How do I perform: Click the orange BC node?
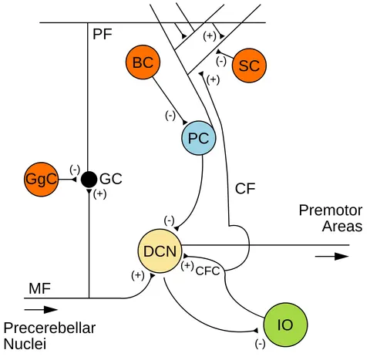coord(143,62)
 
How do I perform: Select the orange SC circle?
coord(249,66)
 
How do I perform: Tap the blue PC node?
coord(199,138)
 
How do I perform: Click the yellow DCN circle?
coord(160,251)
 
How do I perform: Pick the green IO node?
coord(285,325)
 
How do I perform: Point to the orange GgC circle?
coord(42,180)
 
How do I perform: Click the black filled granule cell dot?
coord(89,180)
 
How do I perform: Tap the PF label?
coord(103,34)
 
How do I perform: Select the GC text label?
coord(111,179)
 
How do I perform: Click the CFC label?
coord(207,271)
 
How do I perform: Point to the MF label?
coord(40,288)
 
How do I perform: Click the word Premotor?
coord(331,210)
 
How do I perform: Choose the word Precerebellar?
coord(49,328)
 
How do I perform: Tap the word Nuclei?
coord(25,344)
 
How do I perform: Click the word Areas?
coord(342,227)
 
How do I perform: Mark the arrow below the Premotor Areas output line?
coord(331,256)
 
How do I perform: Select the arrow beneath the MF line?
coord(41,310)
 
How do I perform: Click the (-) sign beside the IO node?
coord(260,344)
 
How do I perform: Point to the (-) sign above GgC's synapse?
coord(75,170)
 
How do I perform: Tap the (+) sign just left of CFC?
coord(187,266)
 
